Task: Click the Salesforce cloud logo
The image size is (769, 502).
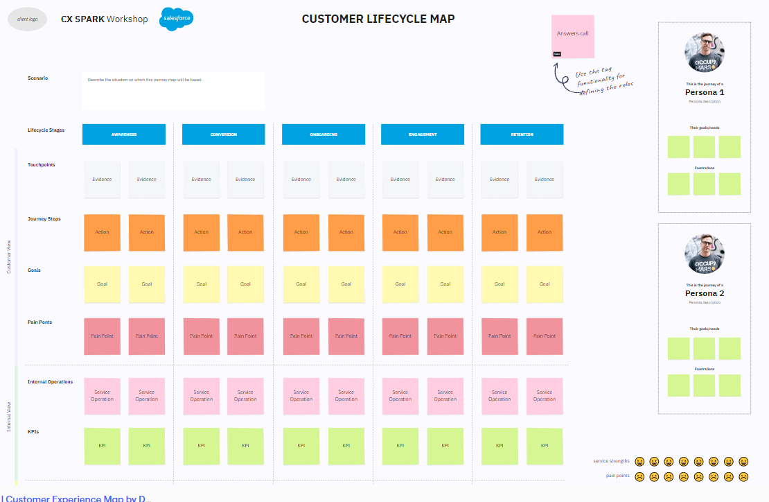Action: click(176, 19)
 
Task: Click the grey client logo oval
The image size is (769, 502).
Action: click(28, 19)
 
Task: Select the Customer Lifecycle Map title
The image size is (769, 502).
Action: click(378, 19)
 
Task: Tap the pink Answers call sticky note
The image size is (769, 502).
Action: click(572, 37)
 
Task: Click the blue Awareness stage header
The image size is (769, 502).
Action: click(124, 135)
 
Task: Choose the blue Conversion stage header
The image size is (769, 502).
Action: click(224, 135)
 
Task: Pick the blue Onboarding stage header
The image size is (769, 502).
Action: click(324, 135)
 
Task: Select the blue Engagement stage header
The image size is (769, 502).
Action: click(423, 135)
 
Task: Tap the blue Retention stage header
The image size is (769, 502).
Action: click(522, 135)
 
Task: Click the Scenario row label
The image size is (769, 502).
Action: click(38, 78)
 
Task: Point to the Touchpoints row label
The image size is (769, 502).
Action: click(42, 165)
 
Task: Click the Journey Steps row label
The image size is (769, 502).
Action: click(44, 219)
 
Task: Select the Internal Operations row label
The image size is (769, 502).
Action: click(51, 382)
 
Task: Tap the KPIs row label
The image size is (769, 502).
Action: click(33, 432)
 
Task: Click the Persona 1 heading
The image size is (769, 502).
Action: click(705, 92)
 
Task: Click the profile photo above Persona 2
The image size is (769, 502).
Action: click(705, 253)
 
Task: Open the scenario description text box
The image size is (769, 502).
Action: click(173, 91)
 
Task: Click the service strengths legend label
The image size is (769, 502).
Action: click(611, 461)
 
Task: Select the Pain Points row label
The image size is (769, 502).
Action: click(40, 322)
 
